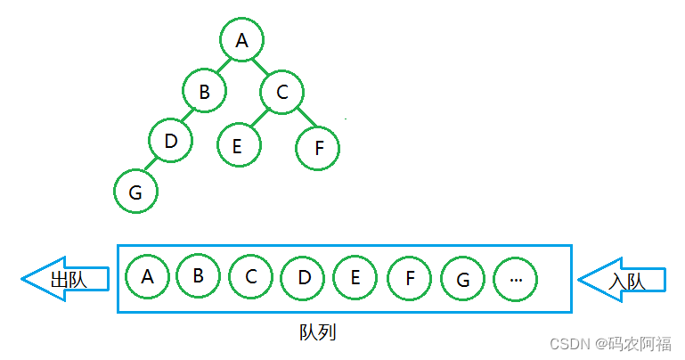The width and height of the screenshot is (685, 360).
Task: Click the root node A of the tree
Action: (241, 39)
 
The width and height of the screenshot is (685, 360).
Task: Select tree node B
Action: (205, 91)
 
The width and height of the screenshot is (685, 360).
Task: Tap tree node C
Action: (282, 91)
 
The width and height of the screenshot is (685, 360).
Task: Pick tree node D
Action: (171, 141)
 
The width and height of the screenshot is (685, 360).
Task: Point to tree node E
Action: (238, 144)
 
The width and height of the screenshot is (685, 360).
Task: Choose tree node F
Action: (319, 148)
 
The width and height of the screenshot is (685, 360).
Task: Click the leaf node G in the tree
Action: (135, 192)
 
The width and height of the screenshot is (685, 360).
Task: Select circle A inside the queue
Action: (148, 276)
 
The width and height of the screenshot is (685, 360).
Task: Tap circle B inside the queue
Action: (198, 276)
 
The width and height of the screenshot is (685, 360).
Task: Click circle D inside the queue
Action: (303, 278)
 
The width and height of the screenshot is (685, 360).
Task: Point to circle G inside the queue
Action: (463, 279)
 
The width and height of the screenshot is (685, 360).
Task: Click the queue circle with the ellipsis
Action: (516, 279)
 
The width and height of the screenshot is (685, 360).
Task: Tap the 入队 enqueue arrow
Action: (623, 280)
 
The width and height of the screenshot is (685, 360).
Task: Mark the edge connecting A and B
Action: (223, 65)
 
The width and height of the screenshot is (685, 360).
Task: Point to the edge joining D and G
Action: (152, 167)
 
